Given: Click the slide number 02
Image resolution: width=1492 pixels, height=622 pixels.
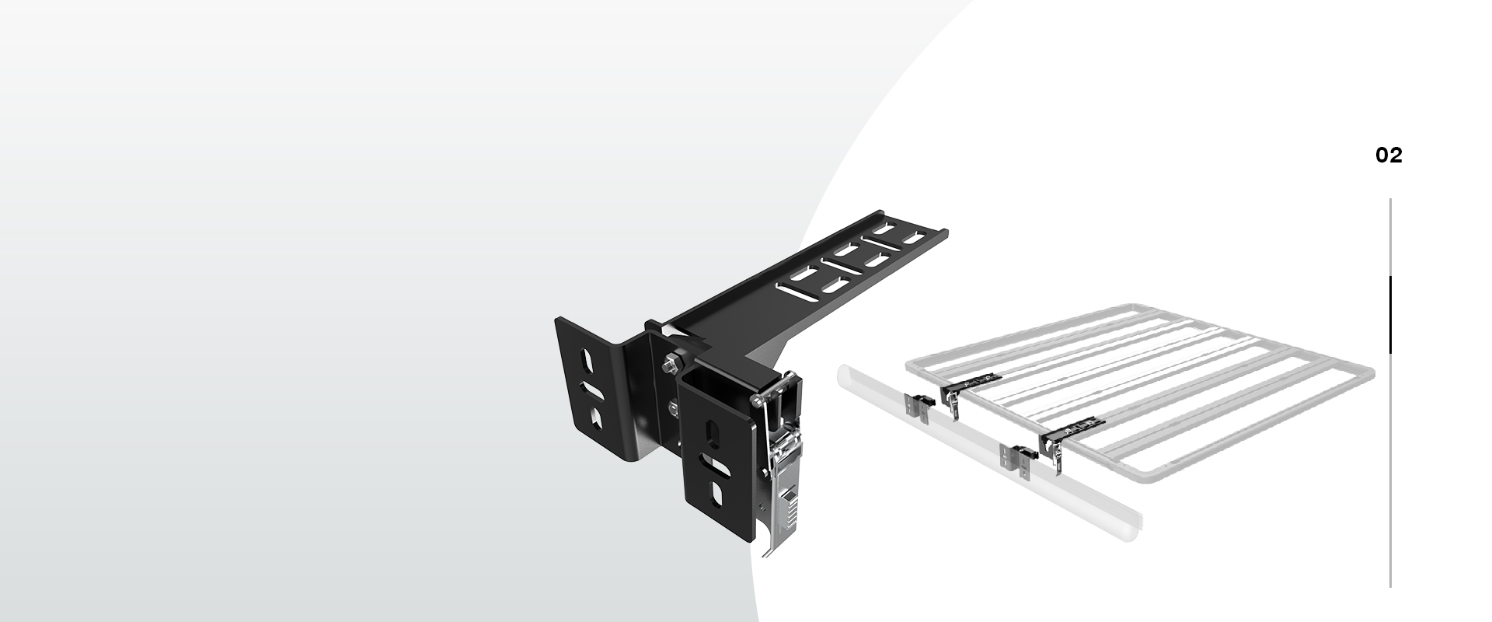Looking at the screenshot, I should pyautogui.click(x=1389, y=155).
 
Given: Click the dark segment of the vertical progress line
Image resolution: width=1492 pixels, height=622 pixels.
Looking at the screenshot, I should pyautogui.click(x=1390, y=314).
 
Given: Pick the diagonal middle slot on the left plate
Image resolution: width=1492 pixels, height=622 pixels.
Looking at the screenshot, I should pyautogui.click(x=591, y=390).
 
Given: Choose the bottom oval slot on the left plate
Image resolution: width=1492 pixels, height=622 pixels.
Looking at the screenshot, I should pyautogui.click(x=596, y=418).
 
